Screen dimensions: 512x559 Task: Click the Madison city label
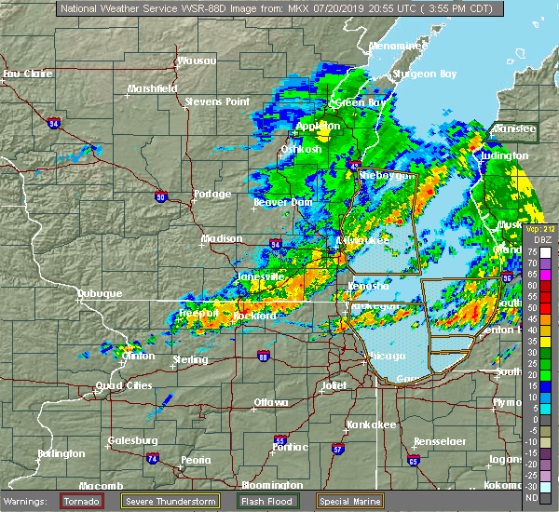(x=222, y=238)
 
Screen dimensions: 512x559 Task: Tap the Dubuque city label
(x=100, y=293)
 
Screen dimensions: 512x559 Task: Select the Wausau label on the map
(x=197, y=61)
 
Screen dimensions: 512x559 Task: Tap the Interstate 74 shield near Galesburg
(x=151, y=459)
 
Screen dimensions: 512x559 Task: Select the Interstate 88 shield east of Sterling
(x=264, y=357)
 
